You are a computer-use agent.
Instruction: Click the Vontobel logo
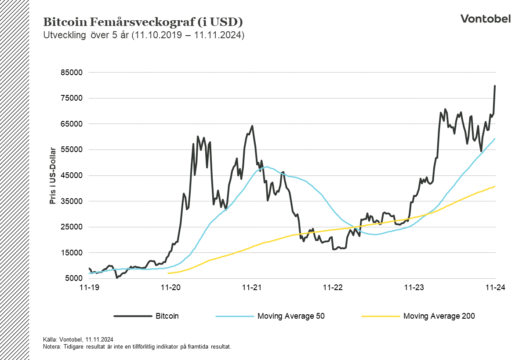click(485, 18)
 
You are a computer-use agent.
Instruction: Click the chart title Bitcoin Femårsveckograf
click(143, 22)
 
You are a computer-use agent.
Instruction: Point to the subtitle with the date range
click(143, 35)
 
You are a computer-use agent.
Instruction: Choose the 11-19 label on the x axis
click(89, 287)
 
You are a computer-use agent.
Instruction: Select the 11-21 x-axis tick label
click(252, 287)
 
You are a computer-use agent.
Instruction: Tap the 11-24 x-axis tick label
click(495, 287)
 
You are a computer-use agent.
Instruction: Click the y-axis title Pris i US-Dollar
click(53, 175)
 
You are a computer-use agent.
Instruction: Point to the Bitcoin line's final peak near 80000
click(495, 86)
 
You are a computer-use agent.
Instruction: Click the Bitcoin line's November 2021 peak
click(252, 126)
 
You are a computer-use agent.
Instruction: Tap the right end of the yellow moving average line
click(495, 186)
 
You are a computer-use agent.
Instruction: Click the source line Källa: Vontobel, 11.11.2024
click(78, 339)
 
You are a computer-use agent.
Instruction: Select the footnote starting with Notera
click(137, 346)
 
